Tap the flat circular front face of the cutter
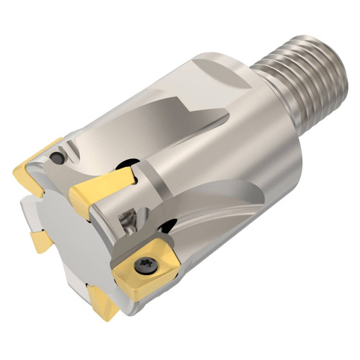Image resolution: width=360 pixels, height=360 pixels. (x=79, y=238)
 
